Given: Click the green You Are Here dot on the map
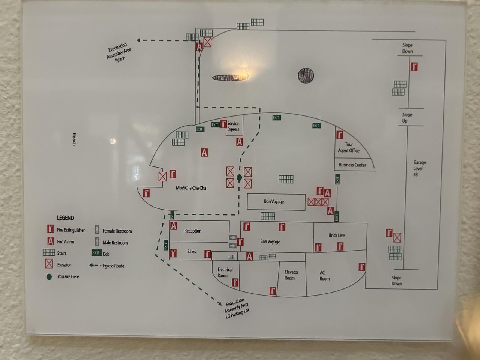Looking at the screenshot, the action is point(239,177).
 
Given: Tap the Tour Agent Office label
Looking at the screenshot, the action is point(349,147).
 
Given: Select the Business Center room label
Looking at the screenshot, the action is point(352,165).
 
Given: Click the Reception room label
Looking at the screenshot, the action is point(193,231).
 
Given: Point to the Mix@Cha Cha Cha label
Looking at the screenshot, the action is point(191,188).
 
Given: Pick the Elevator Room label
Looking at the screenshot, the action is point(291,275).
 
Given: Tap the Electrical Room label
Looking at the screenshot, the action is point(225,272).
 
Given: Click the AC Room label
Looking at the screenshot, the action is point(324,276).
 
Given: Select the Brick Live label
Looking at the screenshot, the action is point(337,235).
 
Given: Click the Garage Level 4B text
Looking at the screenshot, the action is point(419,168).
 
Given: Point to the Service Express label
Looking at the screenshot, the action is point(233,126).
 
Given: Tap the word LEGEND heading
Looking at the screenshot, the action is point(65,218).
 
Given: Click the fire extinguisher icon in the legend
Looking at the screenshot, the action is point(51,229).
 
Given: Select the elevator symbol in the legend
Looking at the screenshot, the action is point(49,264).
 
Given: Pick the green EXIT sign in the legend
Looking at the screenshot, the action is point(97,253).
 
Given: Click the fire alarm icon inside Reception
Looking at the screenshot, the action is point(174,226).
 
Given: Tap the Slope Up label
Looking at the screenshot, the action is point(406,118).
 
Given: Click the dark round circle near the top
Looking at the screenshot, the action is point(306,76).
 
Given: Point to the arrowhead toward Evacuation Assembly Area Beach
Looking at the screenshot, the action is point(138,40).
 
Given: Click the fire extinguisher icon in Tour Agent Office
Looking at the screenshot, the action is point(340,135).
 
